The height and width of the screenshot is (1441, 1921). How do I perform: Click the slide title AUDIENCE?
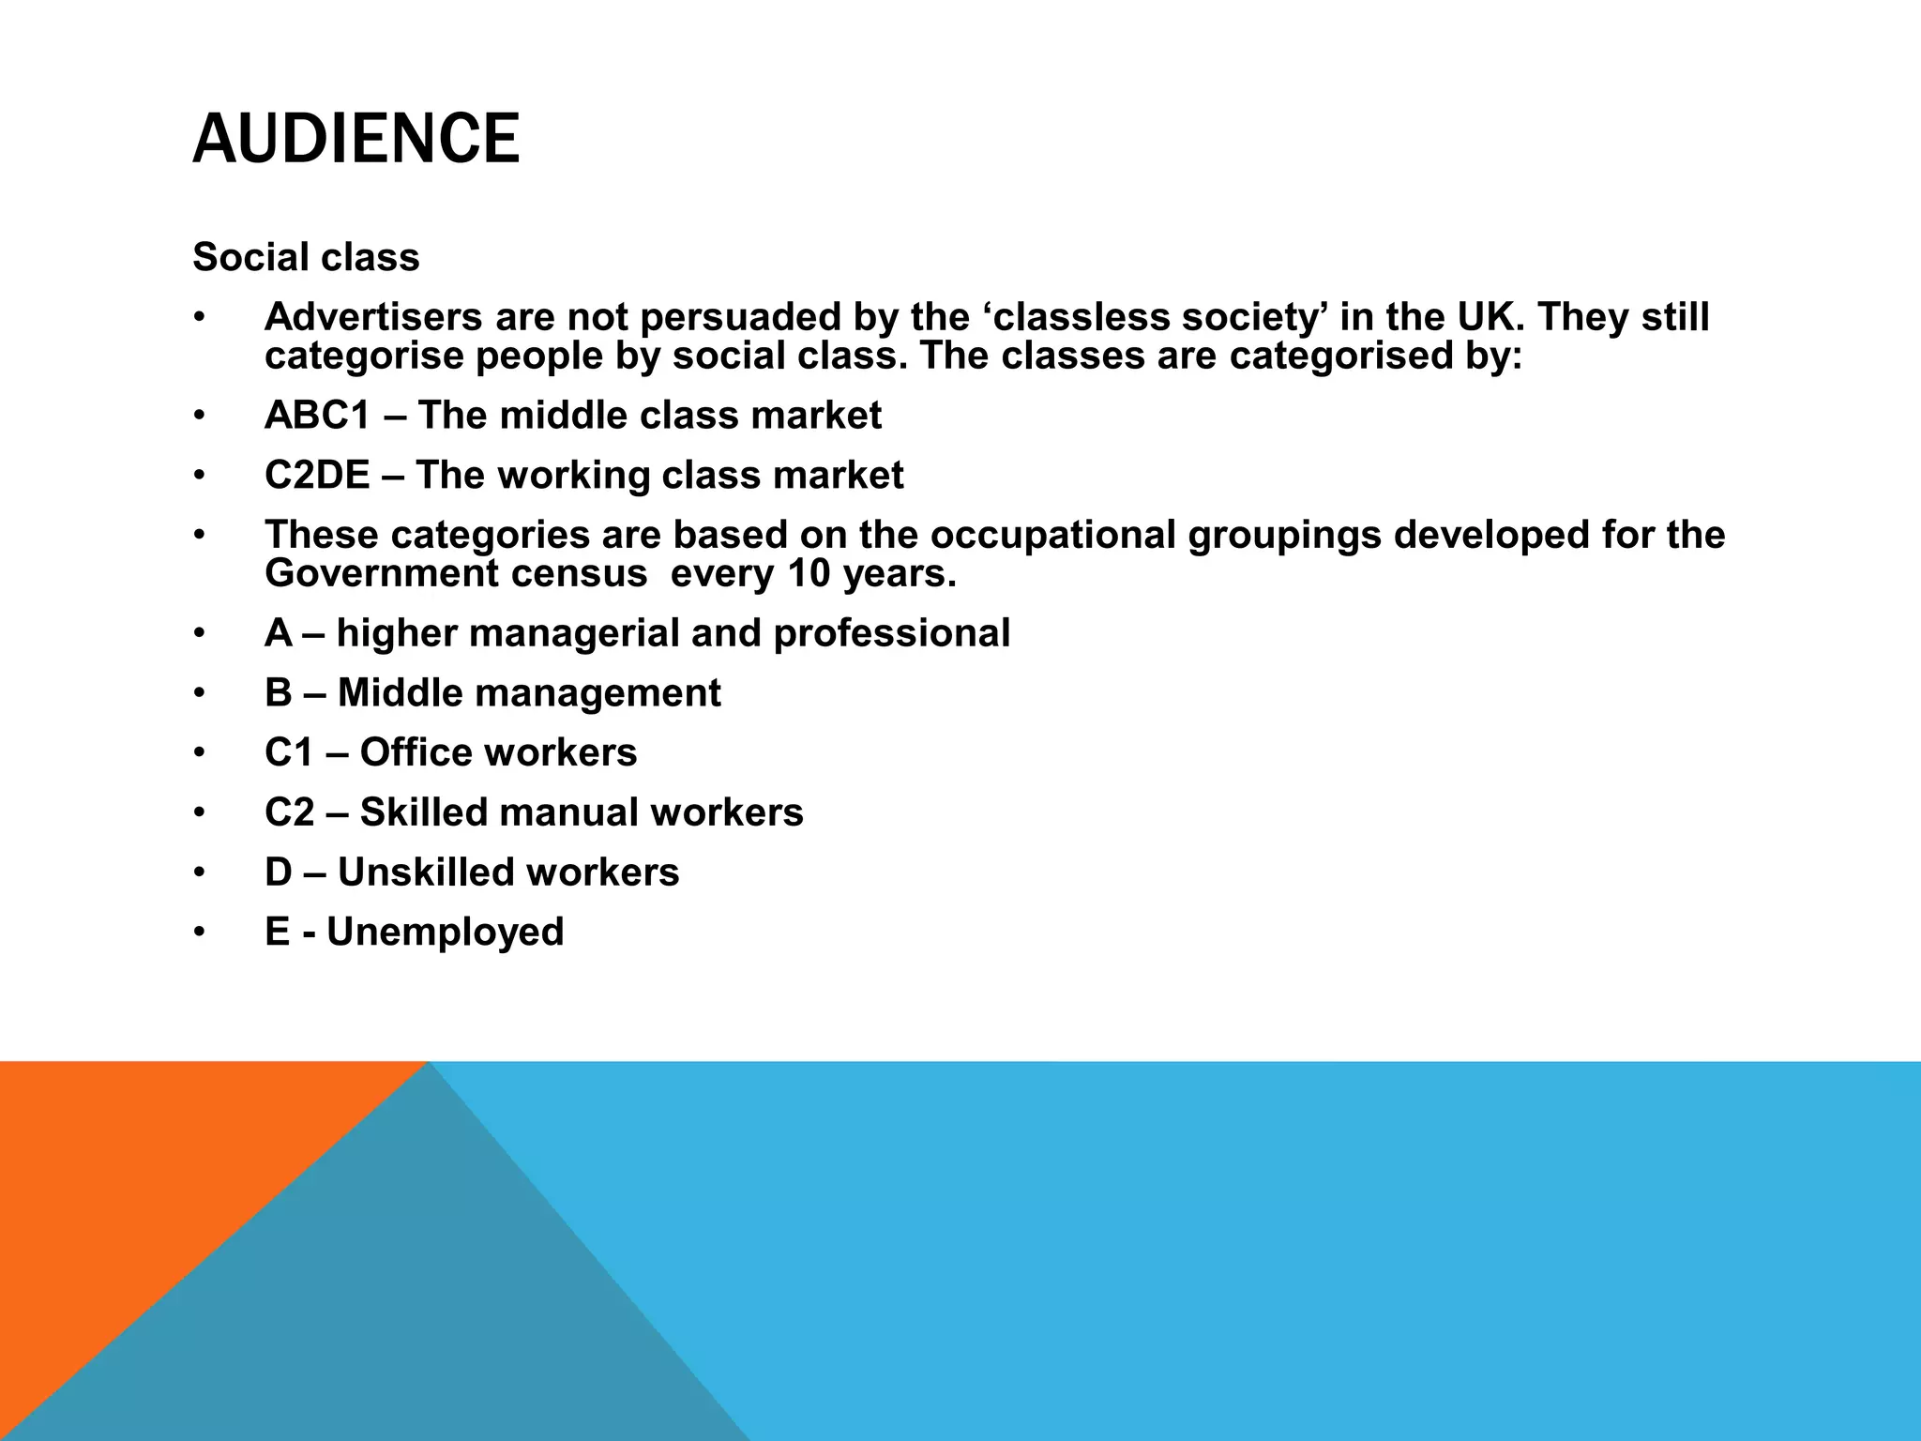355,139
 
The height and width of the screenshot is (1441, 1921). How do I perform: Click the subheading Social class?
306,257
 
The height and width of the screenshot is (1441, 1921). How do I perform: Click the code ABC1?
318,416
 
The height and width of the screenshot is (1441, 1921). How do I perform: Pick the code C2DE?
317,476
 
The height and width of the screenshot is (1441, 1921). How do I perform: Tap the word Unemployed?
445,933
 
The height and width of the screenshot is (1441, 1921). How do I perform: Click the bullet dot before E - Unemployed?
199,933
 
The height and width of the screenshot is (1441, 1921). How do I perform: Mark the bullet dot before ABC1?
199,416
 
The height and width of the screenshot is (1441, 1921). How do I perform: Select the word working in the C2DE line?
573,476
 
